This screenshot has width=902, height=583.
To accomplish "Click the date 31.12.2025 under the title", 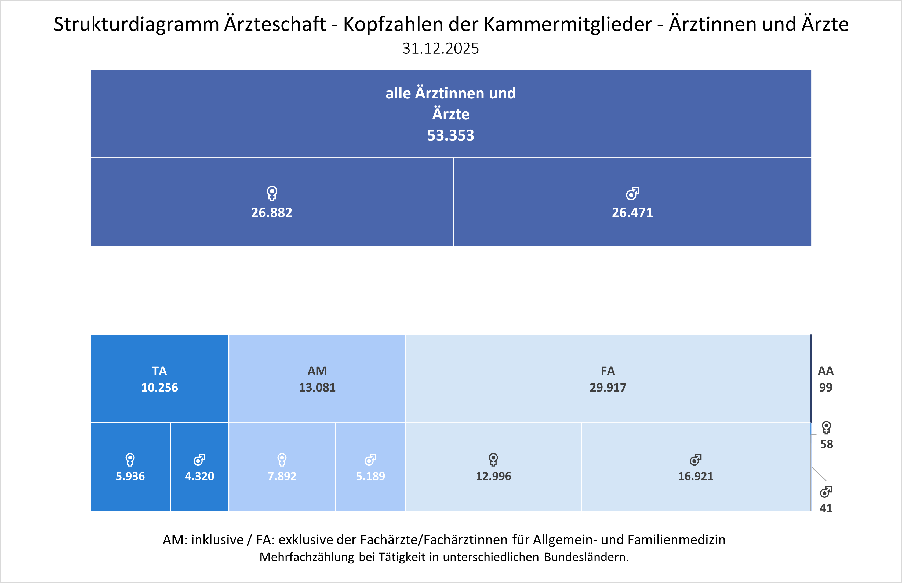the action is click(440, 49).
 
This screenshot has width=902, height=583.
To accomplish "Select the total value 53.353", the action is click(451, 135).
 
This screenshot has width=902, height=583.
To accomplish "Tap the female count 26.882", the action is click(272, 212).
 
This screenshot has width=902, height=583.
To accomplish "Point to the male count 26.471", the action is click(632, 212).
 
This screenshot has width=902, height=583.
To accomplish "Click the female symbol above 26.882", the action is click(272, 193).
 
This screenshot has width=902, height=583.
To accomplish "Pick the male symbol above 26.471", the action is click(632, 193).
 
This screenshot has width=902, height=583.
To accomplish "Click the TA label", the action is click(159, 371).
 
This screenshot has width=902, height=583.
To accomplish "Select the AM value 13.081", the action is click(317, 387).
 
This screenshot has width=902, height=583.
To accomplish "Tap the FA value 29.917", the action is click(608, 387).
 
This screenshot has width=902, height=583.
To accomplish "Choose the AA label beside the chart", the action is click(826, 371).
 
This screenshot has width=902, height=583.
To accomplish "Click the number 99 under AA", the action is click(826, 387).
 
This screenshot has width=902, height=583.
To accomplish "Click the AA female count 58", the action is click(827, 444).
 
